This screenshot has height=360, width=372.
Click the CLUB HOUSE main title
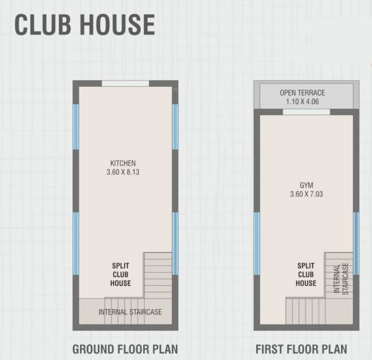click(x=85, y=25)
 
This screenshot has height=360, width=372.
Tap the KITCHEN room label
click(x=123, y=163)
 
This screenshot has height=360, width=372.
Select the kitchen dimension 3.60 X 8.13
click(x=123, y=172)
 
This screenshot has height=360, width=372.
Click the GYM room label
click(x=306, y=185)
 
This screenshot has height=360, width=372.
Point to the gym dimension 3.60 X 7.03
click(x=306, y=194)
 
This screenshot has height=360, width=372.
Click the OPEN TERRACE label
click(x=303, y=93)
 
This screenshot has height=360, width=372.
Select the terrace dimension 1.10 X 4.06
click(x=303, y=102)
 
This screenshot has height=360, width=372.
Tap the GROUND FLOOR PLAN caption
click(x=125, y=349)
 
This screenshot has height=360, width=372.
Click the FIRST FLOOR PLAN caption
click(x=301, y=349)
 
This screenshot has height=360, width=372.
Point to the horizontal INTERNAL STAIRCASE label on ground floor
click(x=130, y=312)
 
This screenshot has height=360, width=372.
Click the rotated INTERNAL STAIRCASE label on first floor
click(x=341, y=279)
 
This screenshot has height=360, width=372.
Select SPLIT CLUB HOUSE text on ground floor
click(x=120, y=274)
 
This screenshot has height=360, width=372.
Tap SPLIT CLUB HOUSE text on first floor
click(x=306, y=274)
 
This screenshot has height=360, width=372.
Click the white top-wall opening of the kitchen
click(x=125, y=84)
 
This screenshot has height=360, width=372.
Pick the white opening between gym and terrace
click(x=306, y=112)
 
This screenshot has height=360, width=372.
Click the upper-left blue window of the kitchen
click(x=76, y=127)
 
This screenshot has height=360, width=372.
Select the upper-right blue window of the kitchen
click(x=175, y=127)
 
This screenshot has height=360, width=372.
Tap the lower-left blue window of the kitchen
click(x=76, y=244)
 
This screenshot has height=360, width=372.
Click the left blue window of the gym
click(x=257, y=244)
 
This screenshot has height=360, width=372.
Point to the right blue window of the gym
click(x=356, y=244)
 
